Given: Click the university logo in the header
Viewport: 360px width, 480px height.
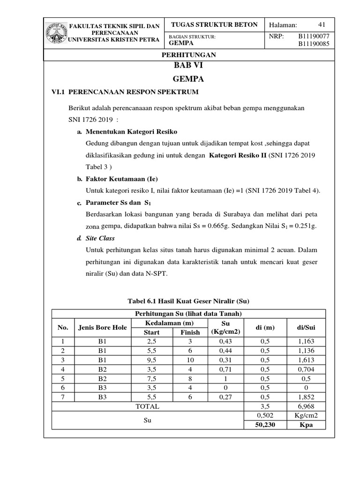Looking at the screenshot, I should pos(56,35).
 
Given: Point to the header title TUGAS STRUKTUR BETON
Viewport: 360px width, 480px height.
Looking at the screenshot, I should pos(215,25).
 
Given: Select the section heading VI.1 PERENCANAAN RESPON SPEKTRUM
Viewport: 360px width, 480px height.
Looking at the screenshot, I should pos(119,91).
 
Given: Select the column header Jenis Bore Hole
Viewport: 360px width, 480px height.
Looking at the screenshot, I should pos(103,327).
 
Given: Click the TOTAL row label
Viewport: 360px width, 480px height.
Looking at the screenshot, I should pos(147,406).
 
